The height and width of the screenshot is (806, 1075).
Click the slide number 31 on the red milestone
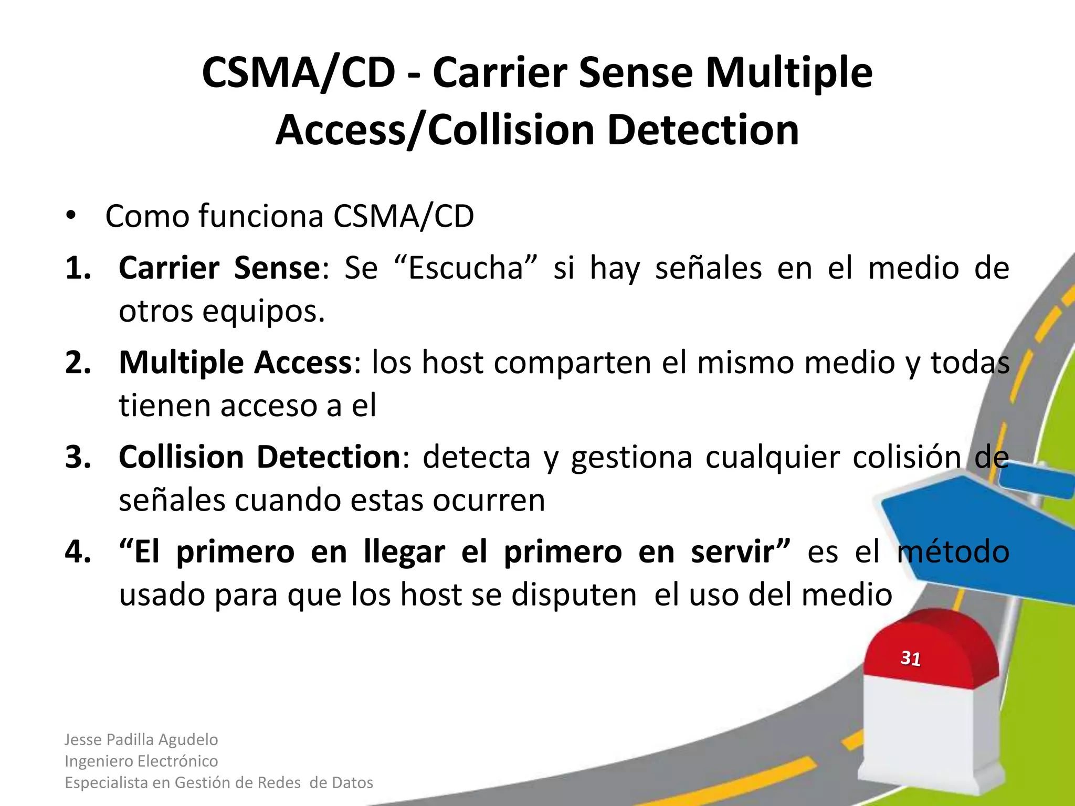[x=911, y=658]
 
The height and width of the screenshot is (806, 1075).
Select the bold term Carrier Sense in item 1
[x=219, y=268]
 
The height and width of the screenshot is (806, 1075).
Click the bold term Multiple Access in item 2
[x=235, y=363]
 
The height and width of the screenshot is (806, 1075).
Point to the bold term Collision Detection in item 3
[x=260, y=457]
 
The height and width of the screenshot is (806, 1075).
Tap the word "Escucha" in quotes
[x=466, y=268]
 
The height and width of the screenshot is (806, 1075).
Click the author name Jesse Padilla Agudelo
[x=141, y=739]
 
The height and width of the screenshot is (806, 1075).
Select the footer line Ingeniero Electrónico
[x=141, y=761]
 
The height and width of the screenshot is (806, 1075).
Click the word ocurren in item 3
[x=489, y=500]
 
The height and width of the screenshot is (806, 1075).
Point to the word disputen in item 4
[x=574, y=595]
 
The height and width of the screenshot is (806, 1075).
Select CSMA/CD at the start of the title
[x=298, y=72]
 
